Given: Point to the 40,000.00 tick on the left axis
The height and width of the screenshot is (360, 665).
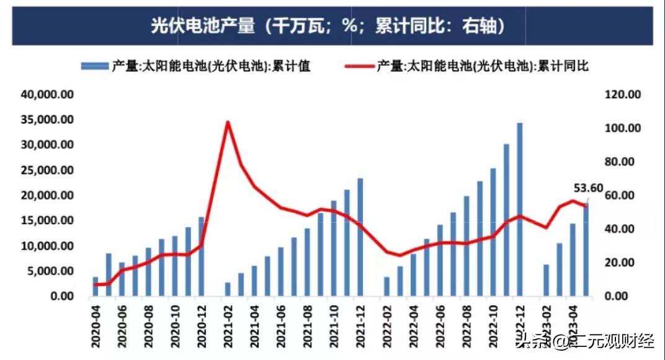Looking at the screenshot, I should click(48, 94).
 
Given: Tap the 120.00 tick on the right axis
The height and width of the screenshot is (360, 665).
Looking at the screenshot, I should click(621, 94).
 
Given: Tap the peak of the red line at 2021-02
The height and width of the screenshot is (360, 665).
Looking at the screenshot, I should click(228, 122).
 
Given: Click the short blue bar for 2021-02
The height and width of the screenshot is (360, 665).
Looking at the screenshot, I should click(228, 289).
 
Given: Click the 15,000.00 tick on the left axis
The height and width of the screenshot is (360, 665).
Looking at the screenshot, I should click(48, 221).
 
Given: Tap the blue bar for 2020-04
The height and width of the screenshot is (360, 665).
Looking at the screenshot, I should click(96, 287).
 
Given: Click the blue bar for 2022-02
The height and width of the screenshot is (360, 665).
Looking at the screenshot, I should click(387, 286).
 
